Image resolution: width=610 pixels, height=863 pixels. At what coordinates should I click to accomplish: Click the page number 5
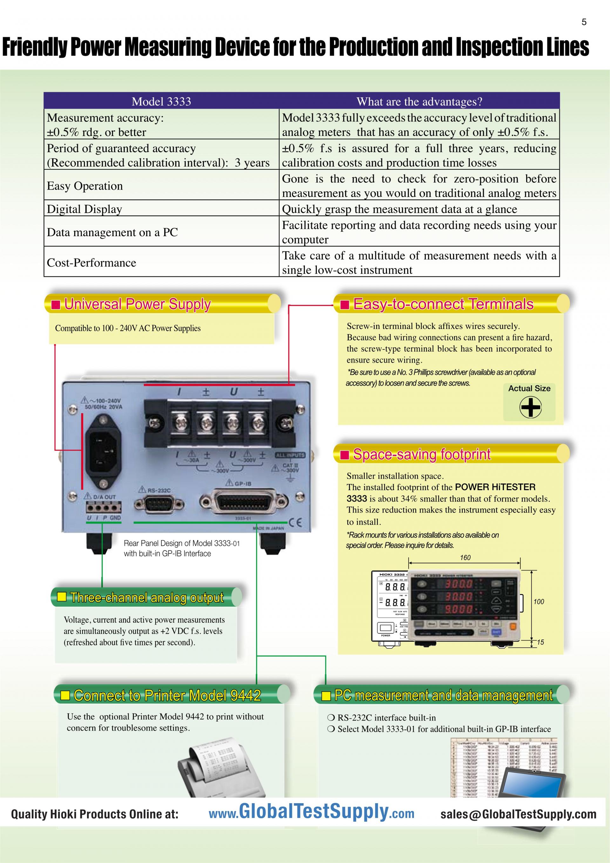584,22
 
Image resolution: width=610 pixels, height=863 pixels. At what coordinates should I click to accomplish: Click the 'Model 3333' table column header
161,101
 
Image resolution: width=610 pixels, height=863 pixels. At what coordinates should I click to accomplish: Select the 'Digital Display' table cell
85,209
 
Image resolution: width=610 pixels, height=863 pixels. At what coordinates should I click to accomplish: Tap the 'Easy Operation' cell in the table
85,186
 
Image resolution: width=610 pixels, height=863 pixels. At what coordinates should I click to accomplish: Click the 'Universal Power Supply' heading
137,304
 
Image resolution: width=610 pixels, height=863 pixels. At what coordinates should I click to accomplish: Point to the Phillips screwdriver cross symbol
530,408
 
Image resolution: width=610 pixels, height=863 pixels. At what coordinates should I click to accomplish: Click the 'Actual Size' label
529,388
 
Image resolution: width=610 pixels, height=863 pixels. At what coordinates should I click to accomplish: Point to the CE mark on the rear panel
295,523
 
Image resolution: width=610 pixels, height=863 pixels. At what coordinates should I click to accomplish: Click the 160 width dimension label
465,558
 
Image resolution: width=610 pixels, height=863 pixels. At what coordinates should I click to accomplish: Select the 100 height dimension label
539,601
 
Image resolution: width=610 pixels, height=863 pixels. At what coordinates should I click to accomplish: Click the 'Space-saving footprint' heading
422,455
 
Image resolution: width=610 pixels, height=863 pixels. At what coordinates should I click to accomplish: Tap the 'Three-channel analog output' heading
147,597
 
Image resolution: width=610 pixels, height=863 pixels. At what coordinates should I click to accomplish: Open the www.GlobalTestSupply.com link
311,813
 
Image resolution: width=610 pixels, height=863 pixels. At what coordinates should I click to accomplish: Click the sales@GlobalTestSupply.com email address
518,814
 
